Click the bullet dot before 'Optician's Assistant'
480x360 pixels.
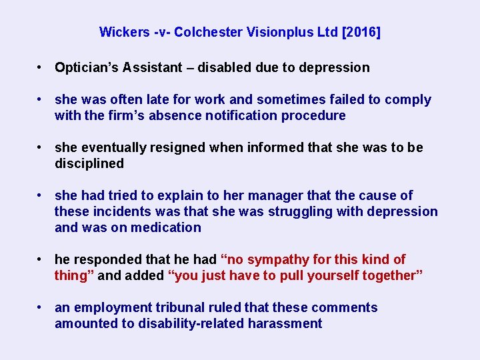(41, 67)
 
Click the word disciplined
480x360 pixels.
(89, 163)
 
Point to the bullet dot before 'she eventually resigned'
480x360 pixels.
(41, 147)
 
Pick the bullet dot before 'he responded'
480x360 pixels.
(41, 259)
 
